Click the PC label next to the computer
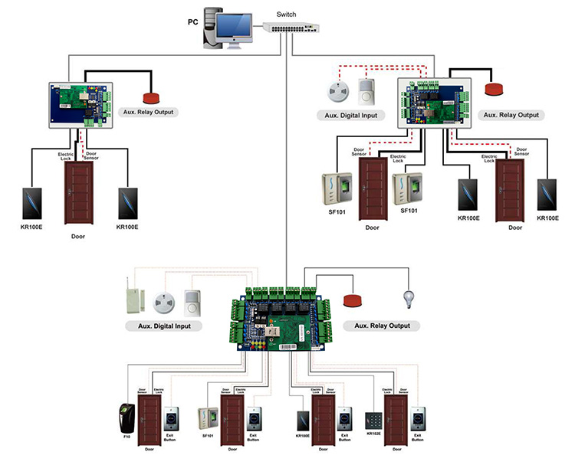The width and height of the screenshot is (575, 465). tap(192, 21)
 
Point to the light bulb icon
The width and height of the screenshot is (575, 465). tap(407, 298)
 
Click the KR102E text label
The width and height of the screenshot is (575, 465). tap(373, 434)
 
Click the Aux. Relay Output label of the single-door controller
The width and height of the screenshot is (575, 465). tap(149, 112)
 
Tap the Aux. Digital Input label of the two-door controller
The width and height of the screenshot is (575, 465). tap(347, 115)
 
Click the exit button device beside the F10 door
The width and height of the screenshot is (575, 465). tap(174, 418)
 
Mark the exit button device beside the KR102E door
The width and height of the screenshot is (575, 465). tap(419, 418)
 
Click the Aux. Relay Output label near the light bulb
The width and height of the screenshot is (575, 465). tap(382, 326)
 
